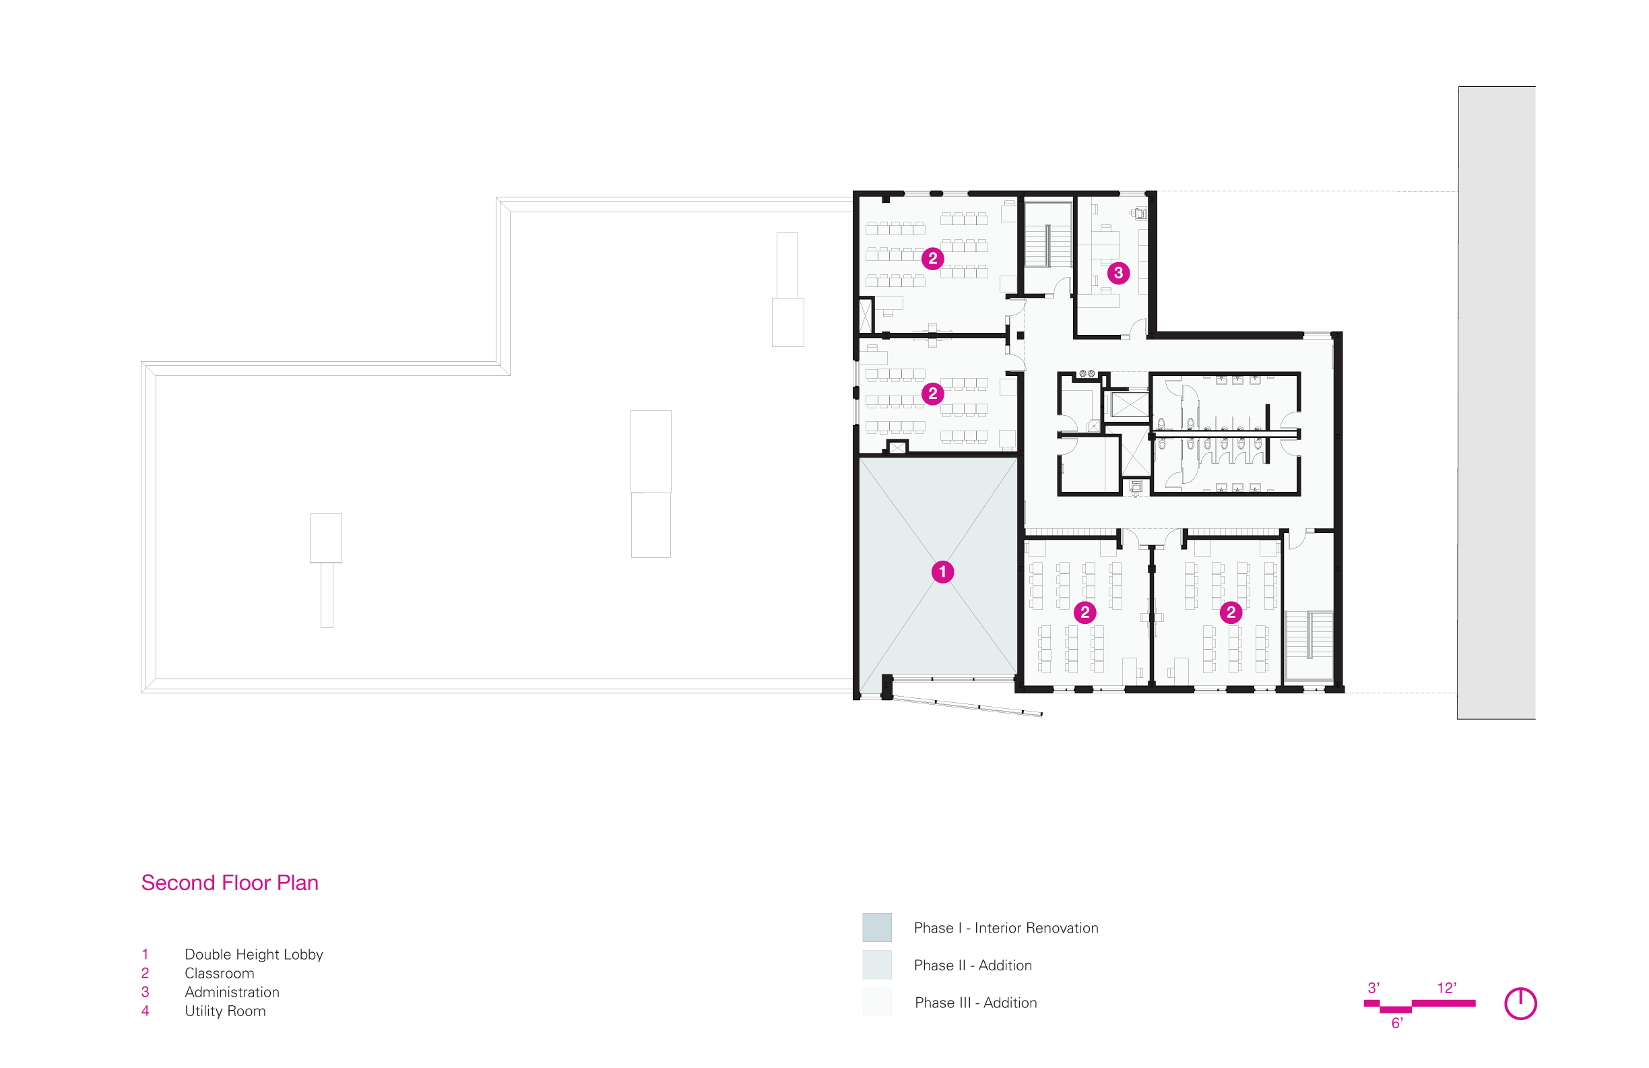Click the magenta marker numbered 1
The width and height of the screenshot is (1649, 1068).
point(942,572)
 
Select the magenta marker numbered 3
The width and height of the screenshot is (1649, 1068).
point(1118,273)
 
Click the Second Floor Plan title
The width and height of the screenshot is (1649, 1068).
point(230,883)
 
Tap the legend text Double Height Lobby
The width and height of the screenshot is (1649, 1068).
point(253,954)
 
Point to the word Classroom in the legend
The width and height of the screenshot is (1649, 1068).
point(219,973)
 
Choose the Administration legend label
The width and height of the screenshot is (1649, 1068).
point(232,992)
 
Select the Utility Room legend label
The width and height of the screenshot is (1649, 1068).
point(225,1011)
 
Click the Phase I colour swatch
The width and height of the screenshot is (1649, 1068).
point(877,927)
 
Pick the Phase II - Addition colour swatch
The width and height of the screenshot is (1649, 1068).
point(877,965)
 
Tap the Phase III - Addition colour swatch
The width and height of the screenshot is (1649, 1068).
point(877,1002)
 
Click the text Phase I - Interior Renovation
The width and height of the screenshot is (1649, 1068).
point(1006,928)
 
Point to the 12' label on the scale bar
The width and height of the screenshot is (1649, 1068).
point(1447,988)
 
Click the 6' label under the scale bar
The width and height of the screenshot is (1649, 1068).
point(1398,1023)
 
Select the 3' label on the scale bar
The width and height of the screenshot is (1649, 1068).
point(1374,988)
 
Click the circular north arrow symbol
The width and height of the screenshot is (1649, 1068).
point(1520,1003)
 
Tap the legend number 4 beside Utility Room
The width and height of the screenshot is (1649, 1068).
point(145,1011)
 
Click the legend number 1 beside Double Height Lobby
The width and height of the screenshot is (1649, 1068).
point(145,954)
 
